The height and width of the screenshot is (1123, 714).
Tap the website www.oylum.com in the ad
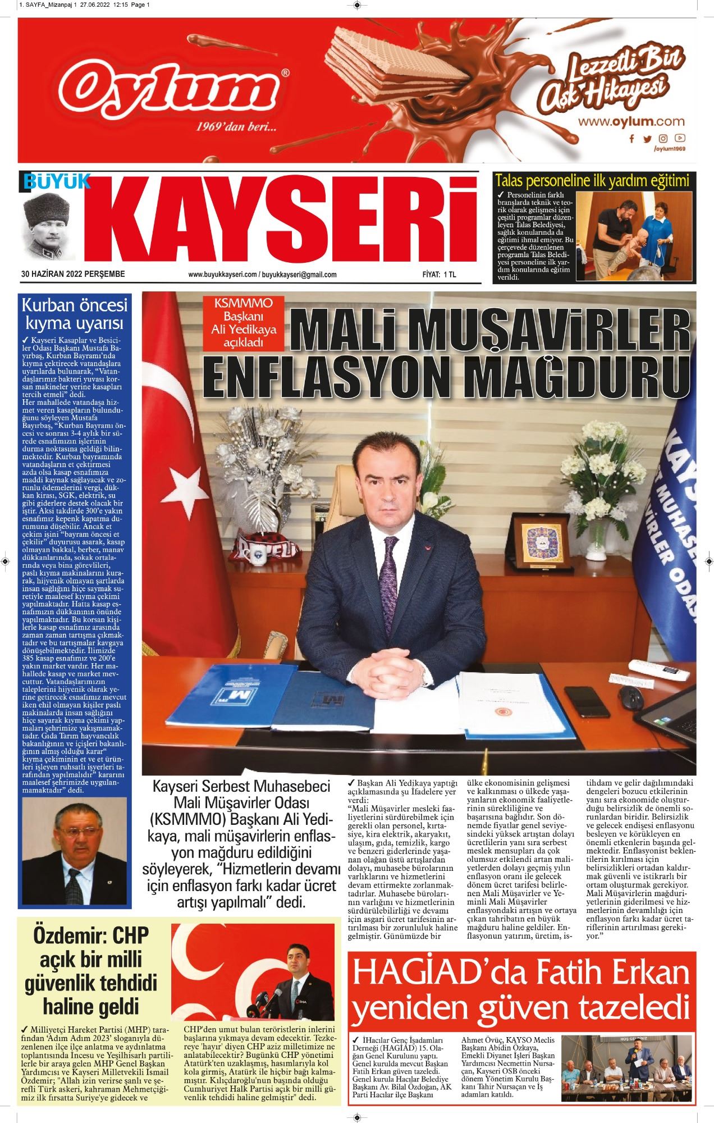(x=631, y=121)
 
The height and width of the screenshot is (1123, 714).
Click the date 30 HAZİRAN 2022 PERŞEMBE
(x=73, y=275)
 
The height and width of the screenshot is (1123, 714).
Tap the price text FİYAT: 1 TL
(x=440, y=275)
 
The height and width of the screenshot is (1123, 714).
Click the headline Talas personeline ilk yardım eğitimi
(x=592, y=180)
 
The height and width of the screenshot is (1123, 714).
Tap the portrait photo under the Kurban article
(x=74, y=848)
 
